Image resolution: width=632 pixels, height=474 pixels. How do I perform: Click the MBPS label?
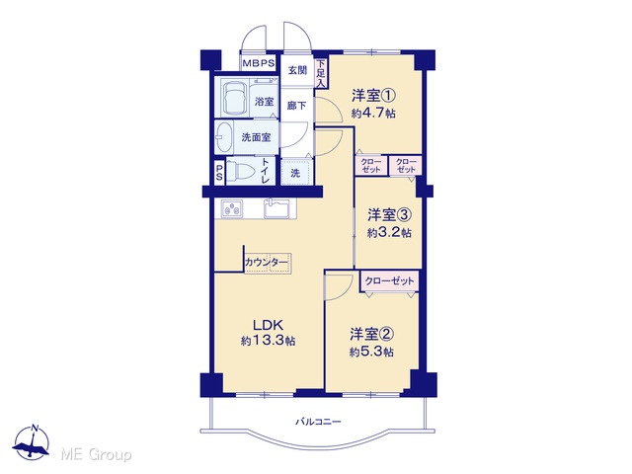[259, 63]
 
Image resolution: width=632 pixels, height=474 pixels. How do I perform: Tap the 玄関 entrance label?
[297, 70]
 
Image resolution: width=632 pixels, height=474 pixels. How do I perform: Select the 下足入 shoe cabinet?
[321, 73]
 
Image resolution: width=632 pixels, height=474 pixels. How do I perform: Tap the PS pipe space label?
[219, 172]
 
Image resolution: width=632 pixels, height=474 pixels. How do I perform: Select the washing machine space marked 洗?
[296, 173]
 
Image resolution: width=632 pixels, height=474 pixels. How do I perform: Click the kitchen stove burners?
[232, 208]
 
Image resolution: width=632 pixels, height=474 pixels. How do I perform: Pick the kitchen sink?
[277, 208]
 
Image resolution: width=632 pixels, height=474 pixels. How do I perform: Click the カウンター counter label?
[267, 263]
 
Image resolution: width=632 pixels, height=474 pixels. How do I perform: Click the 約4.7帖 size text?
[373, 114]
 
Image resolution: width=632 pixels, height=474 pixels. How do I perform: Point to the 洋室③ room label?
[389, 215]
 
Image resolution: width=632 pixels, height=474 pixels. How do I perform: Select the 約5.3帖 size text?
[371, 352]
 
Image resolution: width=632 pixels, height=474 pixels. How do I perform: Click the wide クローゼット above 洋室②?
[389, 280]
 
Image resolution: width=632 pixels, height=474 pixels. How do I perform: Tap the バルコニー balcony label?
[318, 422]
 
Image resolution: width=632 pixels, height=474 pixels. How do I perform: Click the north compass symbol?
[32, 442]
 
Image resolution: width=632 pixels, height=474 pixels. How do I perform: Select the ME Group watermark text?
[97, 454]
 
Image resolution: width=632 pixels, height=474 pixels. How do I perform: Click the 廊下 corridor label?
[297, 106]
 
